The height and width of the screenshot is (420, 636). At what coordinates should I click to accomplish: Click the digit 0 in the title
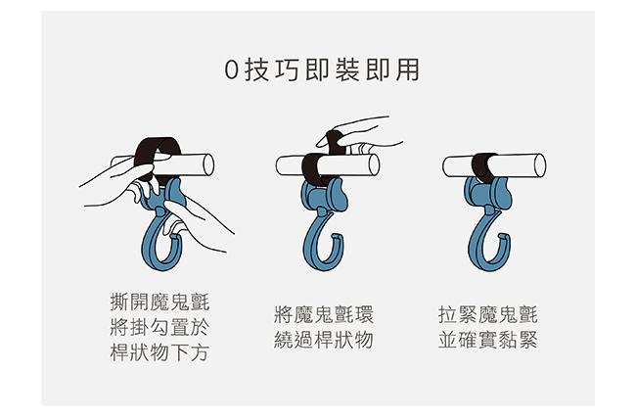click(231, 70)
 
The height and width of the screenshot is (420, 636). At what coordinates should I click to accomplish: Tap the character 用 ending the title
click(407, 70)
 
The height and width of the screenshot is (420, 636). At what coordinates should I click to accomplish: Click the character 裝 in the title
click(347, 70)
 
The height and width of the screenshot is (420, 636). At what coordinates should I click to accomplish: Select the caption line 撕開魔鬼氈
click(159, 303)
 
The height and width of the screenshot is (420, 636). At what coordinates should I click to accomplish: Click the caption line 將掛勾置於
click(159, 327)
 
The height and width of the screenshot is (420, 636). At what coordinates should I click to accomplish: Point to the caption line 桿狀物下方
click(159, 351)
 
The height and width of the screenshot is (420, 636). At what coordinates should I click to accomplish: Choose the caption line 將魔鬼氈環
click(324, 315)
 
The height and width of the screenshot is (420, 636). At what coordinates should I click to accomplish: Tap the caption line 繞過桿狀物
click(324, 340)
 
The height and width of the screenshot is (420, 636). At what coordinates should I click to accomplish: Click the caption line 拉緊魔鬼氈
click(488, 315)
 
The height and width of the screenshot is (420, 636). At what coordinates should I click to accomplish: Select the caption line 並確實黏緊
click(488, 340)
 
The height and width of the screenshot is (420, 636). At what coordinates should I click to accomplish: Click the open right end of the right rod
click(540, 165)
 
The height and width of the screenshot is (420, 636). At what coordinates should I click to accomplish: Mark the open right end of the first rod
click(208, 164)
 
